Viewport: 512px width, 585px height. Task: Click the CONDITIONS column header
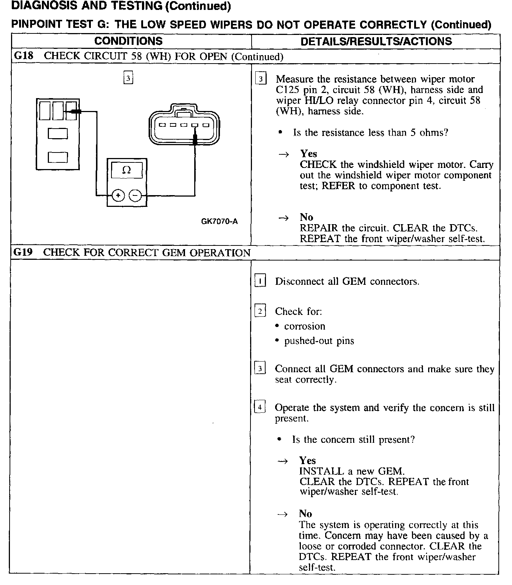[x=128, y=41]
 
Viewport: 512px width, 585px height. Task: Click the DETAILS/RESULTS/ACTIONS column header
[x=376, y=41]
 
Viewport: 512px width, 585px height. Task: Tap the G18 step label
[x=23, y=56]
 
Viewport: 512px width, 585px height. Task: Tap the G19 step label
[x=23, y=252]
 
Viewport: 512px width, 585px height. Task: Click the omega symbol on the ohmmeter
[x=127, y=170]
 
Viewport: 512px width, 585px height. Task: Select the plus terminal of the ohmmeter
[x=118, y=195]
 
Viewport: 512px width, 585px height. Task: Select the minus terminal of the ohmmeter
[x=136, y=195]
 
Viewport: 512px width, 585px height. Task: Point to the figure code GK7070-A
[x=219, y=221]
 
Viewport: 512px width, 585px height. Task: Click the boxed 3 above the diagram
[x=128, y=78]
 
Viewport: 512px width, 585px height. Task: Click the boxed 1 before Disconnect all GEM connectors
[x=260, y=281]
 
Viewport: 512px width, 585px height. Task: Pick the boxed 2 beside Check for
[x=260, y=311]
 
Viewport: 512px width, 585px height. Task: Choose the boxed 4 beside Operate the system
[x=260, y=407]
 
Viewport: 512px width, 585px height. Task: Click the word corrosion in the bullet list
[x=305, y=326]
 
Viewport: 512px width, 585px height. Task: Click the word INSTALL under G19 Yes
[x=318, y=471]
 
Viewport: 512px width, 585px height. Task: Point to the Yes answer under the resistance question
[x=308, y=154]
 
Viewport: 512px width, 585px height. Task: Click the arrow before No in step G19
[x=282, y=514]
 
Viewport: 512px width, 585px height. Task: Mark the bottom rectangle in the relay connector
[x=58, y=157]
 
